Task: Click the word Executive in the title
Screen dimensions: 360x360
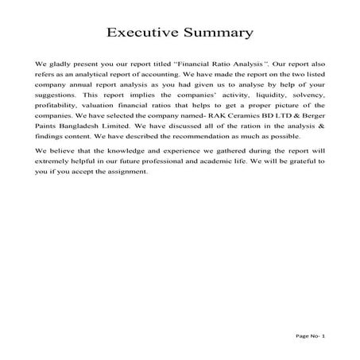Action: (142, 33)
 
